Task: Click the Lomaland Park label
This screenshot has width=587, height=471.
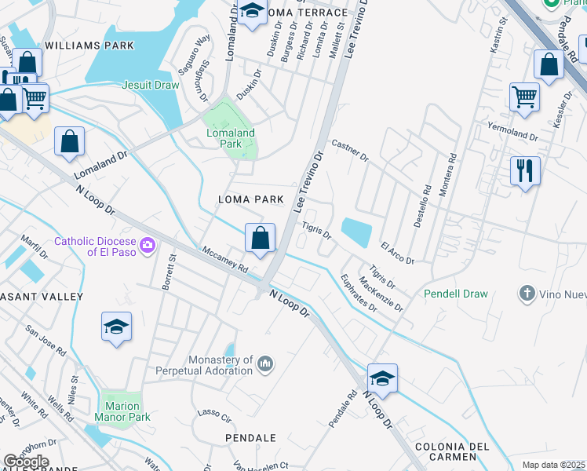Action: [231, 138]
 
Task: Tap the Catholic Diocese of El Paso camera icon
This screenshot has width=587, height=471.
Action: [147, 246]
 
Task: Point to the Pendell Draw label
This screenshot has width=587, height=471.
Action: [456, 294]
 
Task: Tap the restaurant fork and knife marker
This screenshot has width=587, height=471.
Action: [524, 170]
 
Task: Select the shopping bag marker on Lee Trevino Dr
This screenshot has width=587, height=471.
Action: [260, 237]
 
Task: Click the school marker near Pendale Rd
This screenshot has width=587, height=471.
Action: [382, 378]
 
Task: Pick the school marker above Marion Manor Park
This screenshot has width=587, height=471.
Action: [116, 326]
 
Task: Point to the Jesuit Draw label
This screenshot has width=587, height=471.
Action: [151, 85]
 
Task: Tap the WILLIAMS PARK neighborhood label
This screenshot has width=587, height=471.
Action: [89, 46]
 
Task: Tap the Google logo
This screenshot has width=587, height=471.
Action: [26, 462]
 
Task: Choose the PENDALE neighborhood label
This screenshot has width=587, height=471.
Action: [250, 437]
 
